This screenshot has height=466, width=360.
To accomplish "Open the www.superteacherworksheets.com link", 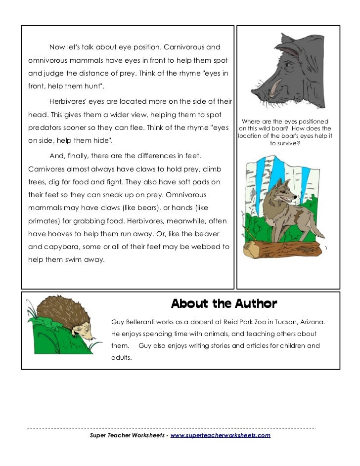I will tap(220, 435).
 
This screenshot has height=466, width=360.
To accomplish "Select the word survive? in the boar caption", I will tap(285, 144).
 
